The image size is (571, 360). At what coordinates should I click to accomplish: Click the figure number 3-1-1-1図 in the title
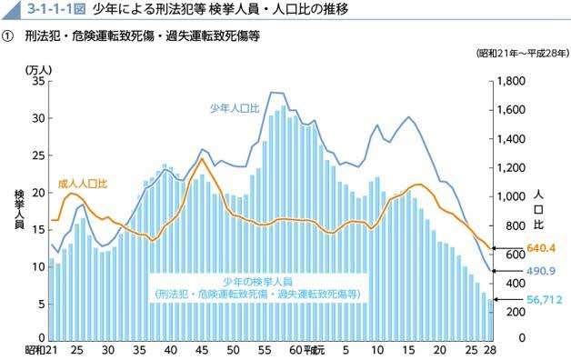[55, 11]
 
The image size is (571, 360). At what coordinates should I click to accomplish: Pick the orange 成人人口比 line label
[83, 184]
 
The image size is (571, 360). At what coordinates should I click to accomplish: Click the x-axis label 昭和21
[39, 350]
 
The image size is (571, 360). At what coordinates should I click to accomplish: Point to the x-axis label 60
[294, 350]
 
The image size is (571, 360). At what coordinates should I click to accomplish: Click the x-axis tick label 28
[490, 350]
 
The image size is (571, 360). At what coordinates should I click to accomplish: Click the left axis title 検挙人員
[19, 211]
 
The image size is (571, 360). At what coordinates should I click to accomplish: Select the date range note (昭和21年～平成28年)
[522, 53]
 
